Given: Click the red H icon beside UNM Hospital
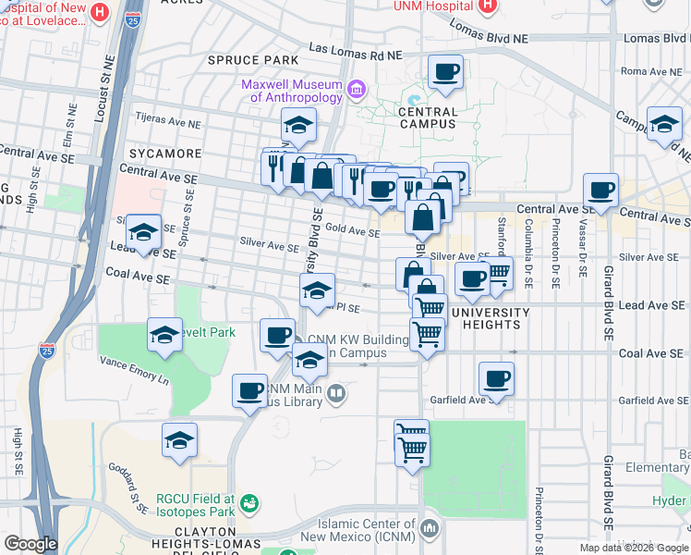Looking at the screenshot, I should [489, 6].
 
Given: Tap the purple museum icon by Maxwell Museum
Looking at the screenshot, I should [356, 90].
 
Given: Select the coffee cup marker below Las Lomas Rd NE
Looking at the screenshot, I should [445, 72].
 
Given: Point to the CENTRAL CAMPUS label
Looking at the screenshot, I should [427, 117].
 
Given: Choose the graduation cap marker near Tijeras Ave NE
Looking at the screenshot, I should [298, 125].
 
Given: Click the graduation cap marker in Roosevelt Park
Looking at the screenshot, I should [164, 335].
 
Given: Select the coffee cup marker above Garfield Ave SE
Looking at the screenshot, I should [496, 378].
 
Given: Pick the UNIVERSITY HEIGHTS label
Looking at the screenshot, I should [491, 313].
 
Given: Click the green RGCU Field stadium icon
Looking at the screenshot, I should [248, 503].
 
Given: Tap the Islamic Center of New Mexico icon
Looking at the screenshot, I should [429, 528].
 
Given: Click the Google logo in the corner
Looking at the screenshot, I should [30, 544].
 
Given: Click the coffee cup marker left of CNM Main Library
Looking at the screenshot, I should [249, 390].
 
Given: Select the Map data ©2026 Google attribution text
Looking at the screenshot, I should [634, 548].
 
